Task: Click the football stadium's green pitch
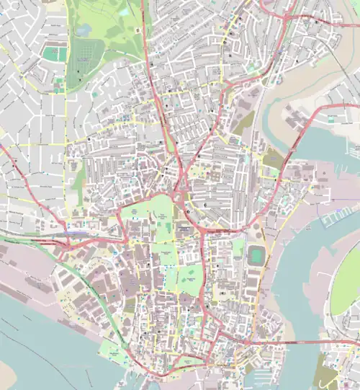click(256, 256)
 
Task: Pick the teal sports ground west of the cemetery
click(50, 53)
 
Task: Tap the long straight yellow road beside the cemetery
click(66, 65)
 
